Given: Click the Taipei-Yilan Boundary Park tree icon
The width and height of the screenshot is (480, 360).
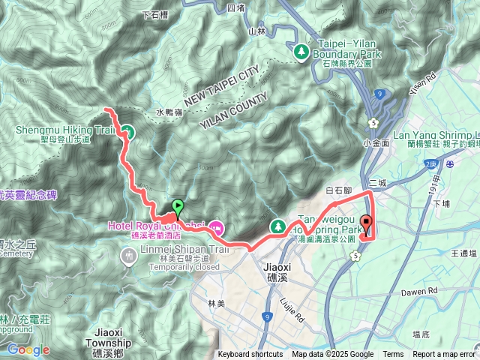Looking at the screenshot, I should [x=301, y=51].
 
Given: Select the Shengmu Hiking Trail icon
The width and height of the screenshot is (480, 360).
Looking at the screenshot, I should [x=127, y=132].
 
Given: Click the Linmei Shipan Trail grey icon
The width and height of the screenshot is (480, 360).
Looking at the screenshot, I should [x=127, y=256].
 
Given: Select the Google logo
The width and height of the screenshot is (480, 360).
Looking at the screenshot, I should [x=28, y=349].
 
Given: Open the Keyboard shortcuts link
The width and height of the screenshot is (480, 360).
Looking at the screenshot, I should [x=250, y=355].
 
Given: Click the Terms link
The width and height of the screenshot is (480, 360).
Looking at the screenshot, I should [x=393, y=355].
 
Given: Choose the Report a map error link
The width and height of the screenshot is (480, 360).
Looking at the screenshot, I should [x=444, y=355].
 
